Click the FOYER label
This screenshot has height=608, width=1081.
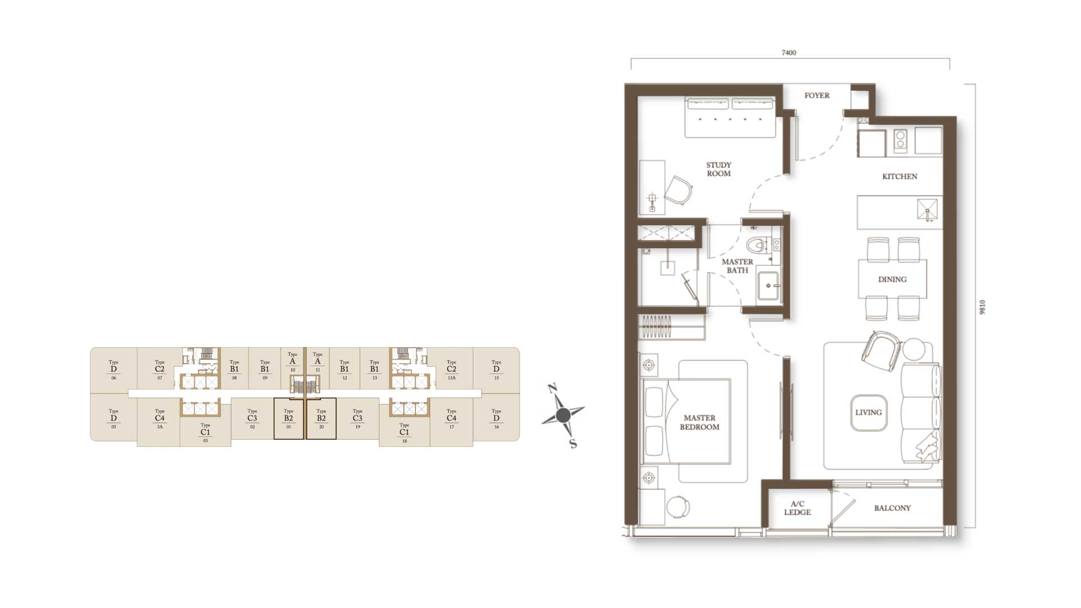pos(816,96)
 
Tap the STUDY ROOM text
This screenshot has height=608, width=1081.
pos(719,169)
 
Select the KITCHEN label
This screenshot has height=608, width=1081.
pos(900,176)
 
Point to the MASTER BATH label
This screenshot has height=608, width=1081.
pos(738,266)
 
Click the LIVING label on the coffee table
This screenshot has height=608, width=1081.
pos(868,412)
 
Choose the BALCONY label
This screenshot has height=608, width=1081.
pos(892,508)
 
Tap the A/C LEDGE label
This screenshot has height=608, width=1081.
pos(797,508)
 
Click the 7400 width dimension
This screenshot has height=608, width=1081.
pos(789,53)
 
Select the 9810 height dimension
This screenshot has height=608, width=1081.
pos(982,307)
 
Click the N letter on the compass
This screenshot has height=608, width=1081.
pos(552,388)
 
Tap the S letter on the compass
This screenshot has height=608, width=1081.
pos(573,444)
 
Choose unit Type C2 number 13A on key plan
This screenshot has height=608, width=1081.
pos(452,370)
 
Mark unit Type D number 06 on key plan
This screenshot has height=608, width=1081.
pos(114,370)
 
